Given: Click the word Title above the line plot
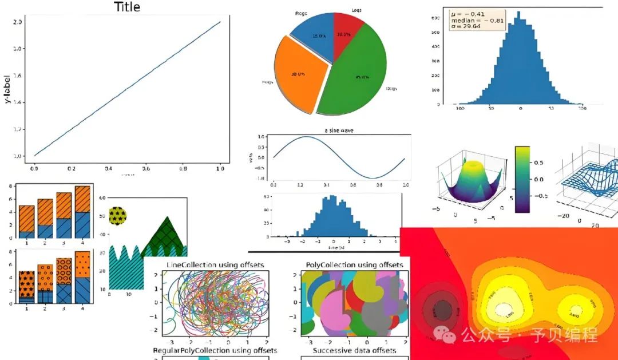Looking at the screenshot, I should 127,7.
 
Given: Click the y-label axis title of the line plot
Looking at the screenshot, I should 8,89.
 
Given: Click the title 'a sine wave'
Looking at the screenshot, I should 339,130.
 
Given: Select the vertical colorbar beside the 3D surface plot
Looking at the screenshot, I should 522,179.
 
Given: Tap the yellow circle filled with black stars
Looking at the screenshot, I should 117,216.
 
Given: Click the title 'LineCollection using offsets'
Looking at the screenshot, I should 215,265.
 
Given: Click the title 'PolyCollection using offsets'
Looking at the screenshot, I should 350,265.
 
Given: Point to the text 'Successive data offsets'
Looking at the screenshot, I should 354,350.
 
